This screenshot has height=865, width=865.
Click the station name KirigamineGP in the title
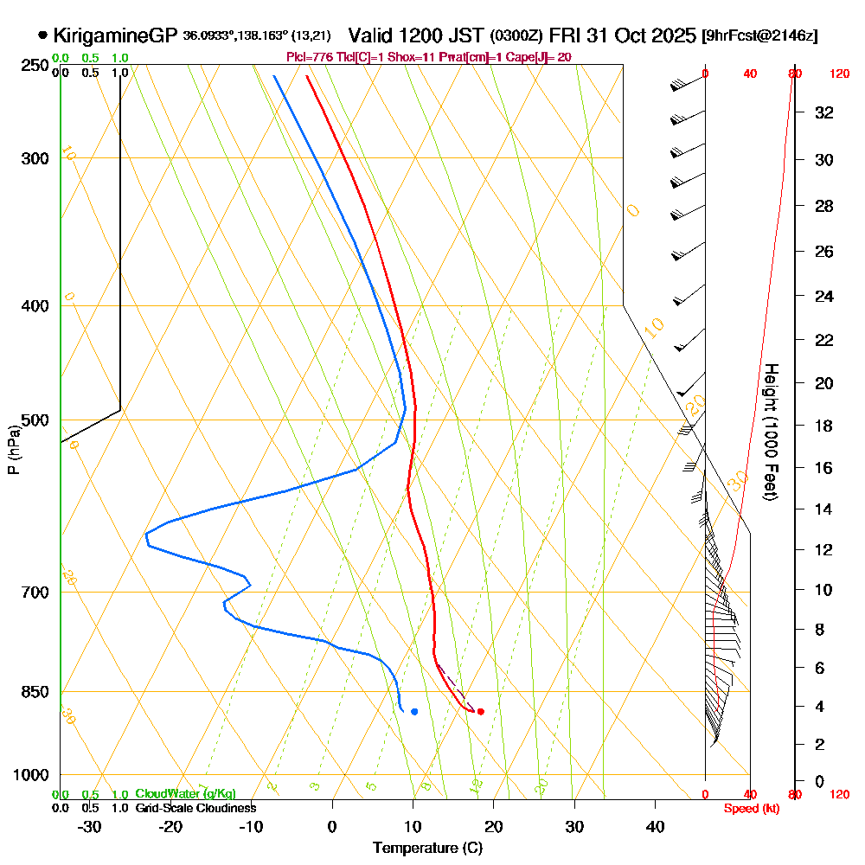pos(115,35)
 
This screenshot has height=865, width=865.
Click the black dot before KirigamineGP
pos(42,35)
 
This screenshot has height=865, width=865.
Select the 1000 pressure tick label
pos(30,775)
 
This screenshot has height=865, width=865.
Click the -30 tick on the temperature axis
pos(90,827)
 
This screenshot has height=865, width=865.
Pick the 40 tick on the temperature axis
pos(655,827)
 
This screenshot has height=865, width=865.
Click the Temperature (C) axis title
pos(427,848)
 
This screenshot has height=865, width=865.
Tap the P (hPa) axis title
pos(13,449)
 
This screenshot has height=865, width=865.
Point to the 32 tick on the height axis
pos(824,112)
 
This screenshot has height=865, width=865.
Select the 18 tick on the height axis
pos(824,426)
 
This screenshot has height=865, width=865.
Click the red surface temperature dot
pos(480,712)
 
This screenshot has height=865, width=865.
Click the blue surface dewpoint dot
pos(414,712)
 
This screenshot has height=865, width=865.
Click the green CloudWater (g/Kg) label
pos(185,794)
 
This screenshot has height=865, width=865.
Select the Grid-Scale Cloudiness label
pos(195,808)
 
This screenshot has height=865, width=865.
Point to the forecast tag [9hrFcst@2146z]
pos(759,36)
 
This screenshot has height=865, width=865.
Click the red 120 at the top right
pos(839,74)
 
